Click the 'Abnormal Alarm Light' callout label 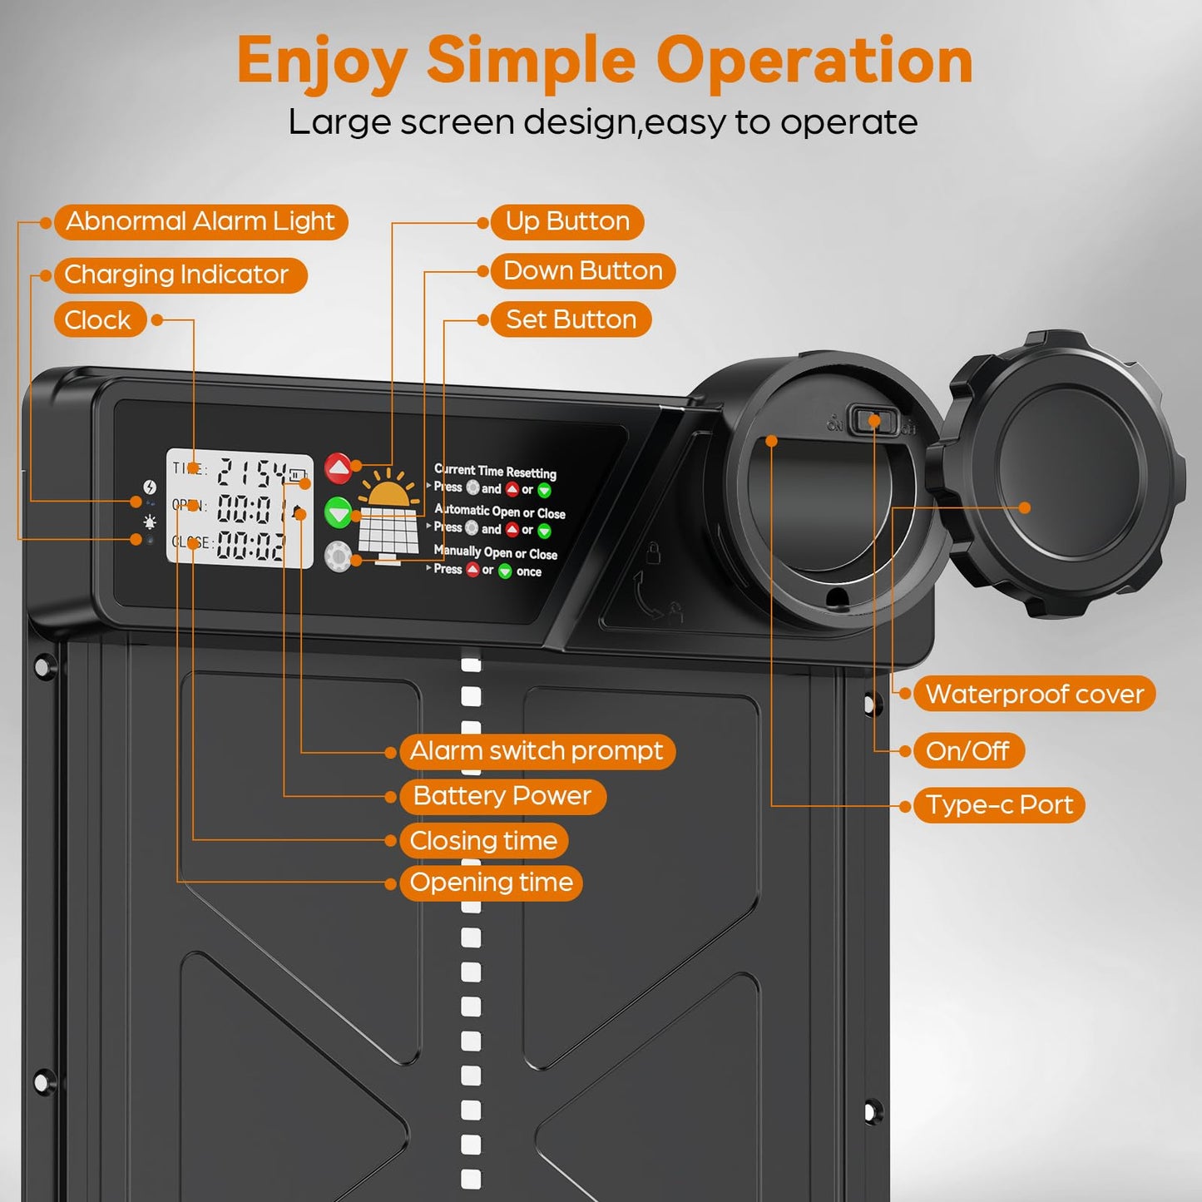(200, 222)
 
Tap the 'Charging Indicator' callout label (177, 275)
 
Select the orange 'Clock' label (98, 320)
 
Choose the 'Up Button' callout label (567, 222)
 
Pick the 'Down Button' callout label (582, 271)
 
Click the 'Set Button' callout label (571, 319)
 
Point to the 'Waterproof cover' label (1034, 694)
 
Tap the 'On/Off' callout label (967, 751)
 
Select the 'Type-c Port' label (999, 805)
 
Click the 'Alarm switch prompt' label (537, 751)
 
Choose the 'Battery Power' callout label (502, 796)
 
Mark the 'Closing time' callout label (483, 841)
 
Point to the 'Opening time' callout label (491, 883)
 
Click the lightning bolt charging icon (150, 487)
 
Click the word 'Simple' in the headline (531, 61)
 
